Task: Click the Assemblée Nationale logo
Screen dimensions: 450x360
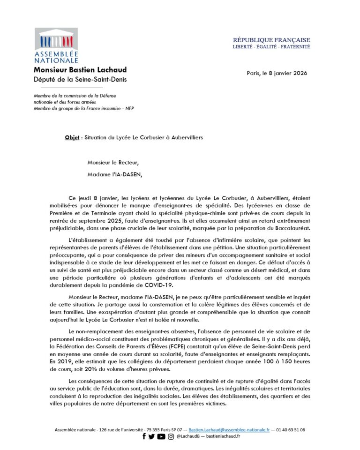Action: [56, 45]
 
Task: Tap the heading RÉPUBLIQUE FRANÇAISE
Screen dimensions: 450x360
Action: [271, 40]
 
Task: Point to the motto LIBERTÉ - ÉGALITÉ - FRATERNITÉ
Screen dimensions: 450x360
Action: [271, 47]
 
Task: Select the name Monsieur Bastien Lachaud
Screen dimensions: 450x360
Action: [80, 70]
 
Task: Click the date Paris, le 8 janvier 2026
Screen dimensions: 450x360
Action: [277, 73]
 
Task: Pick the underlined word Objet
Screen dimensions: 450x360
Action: [72, 138]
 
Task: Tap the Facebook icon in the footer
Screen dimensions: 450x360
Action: [144, 436]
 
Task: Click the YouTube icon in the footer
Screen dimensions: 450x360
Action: [161, 436]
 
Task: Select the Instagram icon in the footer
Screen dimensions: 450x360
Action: [171, 436]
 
